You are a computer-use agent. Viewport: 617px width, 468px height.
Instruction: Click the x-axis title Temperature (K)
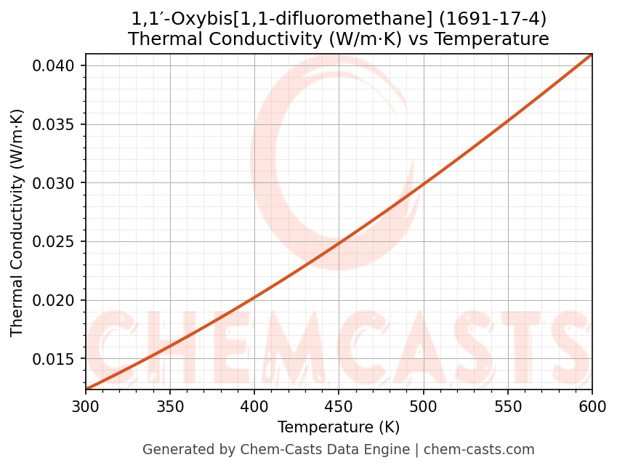(339, 427)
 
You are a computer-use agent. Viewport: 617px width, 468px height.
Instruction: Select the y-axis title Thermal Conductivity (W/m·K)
(17, 222)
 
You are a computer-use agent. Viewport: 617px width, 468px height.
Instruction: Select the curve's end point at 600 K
(592, 55)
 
